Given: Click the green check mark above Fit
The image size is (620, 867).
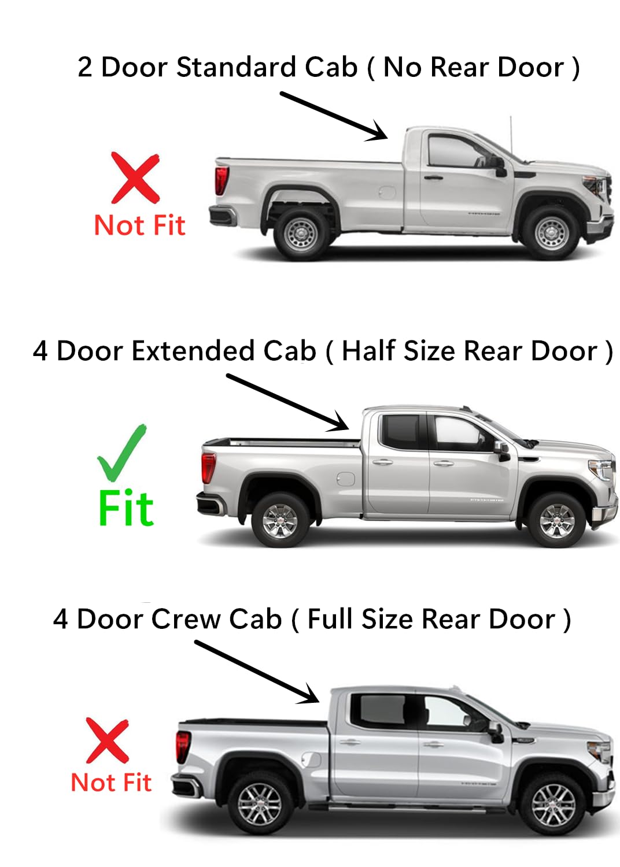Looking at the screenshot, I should coord(121,454).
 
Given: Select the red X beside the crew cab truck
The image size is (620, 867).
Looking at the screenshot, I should coord(107,741).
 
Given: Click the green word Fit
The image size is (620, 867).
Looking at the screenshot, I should coord(126,509).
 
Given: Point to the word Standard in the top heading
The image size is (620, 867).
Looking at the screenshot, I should coord(237,67).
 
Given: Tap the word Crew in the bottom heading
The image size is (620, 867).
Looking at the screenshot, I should coord(186,619).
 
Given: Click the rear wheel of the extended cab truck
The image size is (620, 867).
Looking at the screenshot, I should coord(281,520).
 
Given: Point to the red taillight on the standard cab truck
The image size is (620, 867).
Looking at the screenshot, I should coord(221,180).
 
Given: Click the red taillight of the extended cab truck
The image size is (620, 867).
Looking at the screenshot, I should coord(208,467).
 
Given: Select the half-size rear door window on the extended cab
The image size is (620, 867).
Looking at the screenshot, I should coord(400,431).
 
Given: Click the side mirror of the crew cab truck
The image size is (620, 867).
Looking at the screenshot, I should coord(496,732).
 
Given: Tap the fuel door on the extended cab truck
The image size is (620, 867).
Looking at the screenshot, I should coord(345,479).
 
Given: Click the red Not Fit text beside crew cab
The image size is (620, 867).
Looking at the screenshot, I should coord(111,783).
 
